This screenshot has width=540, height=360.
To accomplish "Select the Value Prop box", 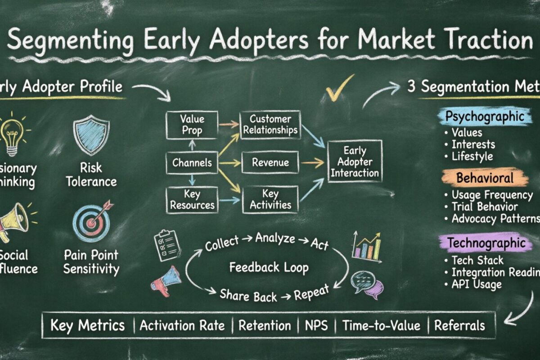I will [x=192, y=125].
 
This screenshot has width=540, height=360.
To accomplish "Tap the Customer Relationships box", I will [x=270, y=125].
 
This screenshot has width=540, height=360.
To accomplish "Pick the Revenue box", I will [x=270, y=162].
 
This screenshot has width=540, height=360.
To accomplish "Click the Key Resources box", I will [x=192, y=200].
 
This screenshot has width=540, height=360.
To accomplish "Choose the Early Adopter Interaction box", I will [x=355, y=162].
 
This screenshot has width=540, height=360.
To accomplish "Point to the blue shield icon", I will [x=91, y=135].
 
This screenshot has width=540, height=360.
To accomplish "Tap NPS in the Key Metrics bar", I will [x=316, y=325].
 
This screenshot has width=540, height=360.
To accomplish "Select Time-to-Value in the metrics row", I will [x=381, y=325].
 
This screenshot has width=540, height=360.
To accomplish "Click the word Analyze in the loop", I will [x=274, y=238].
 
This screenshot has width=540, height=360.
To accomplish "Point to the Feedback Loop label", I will [x=269, y=268].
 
